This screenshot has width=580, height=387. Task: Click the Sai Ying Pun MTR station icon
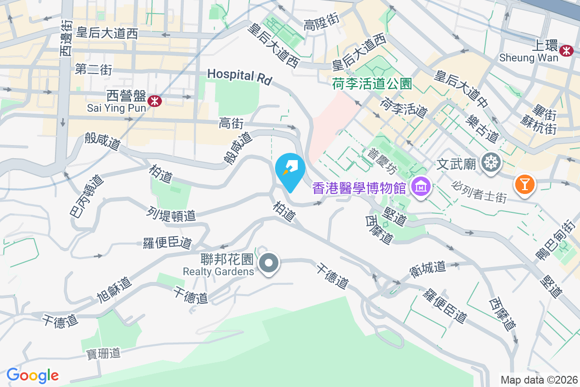tap(155, 101)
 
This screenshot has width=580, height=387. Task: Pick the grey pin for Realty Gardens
tap(269, 264)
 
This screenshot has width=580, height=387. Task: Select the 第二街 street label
tap(94, 70)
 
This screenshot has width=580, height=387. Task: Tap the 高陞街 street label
tap(321, 21)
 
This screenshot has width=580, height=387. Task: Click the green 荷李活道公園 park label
tap(372, 84)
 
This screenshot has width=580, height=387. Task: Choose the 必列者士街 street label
tap(479, 192)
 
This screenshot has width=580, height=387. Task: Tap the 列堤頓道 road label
tap(171, 214)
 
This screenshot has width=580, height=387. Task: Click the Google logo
tap(32, 375)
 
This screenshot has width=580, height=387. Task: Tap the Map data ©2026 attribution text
tap(539, 380)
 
